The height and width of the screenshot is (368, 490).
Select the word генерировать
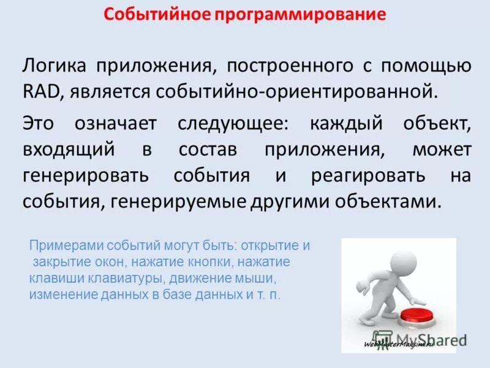point(85,175)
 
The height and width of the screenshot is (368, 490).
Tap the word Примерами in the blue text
point(66,246)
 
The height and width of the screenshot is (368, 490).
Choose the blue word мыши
point(249,278)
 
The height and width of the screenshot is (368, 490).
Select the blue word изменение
point(59,294)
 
